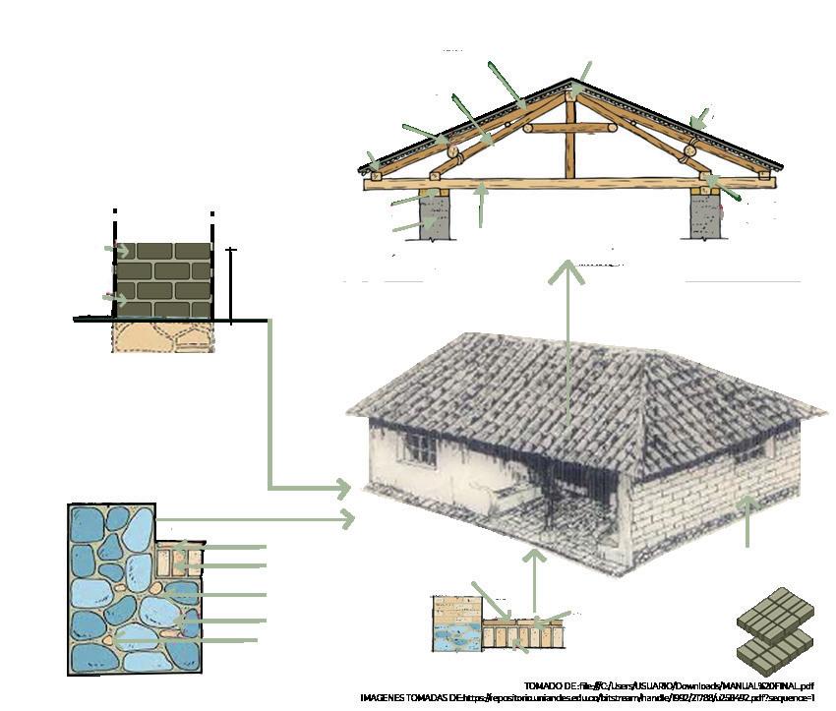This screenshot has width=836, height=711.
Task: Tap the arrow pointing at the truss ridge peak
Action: (584, 73)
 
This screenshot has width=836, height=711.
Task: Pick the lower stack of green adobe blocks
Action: (775, 646)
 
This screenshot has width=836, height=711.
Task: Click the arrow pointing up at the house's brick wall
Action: (747, 521)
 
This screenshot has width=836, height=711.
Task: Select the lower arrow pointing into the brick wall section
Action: (116, 297)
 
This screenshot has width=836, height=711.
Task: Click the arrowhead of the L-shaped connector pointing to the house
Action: (341, 488)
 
